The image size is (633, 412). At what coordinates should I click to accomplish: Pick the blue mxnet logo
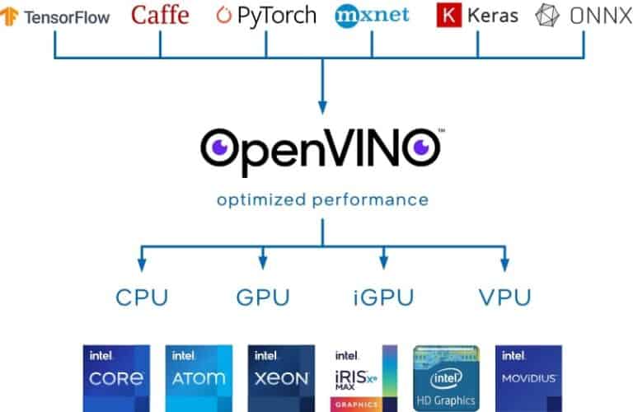tap(373, 15)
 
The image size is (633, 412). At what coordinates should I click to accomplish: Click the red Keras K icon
tap(448, 16)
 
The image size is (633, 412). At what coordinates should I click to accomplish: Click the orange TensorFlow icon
tap(11, 17)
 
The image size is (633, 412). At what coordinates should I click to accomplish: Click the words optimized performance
tap(322, 199)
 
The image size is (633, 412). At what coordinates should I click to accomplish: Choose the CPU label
tap(141, 297)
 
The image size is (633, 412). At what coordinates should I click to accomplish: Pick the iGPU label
tap(382, 297)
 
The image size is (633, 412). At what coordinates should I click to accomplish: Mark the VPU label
tap(505, 297)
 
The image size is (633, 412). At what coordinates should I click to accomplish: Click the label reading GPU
tap(261, 297)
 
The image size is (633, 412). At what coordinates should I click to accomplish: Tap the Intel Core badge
tap(117, 377)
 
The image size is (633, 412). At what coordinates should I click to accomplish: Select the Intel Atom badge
tap(199, 377)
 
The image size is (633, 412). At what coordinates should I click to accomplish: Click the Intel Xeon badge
tap(281, 377)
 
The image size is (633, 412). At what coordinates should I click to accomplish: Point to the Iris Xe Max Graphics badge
tap(363, 377)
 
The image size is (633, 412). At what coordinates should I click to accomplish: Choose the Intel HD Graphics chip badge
tap(446, 377)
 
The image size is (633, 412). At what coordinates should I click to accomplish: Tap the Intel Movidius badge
tap(528, 377)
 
